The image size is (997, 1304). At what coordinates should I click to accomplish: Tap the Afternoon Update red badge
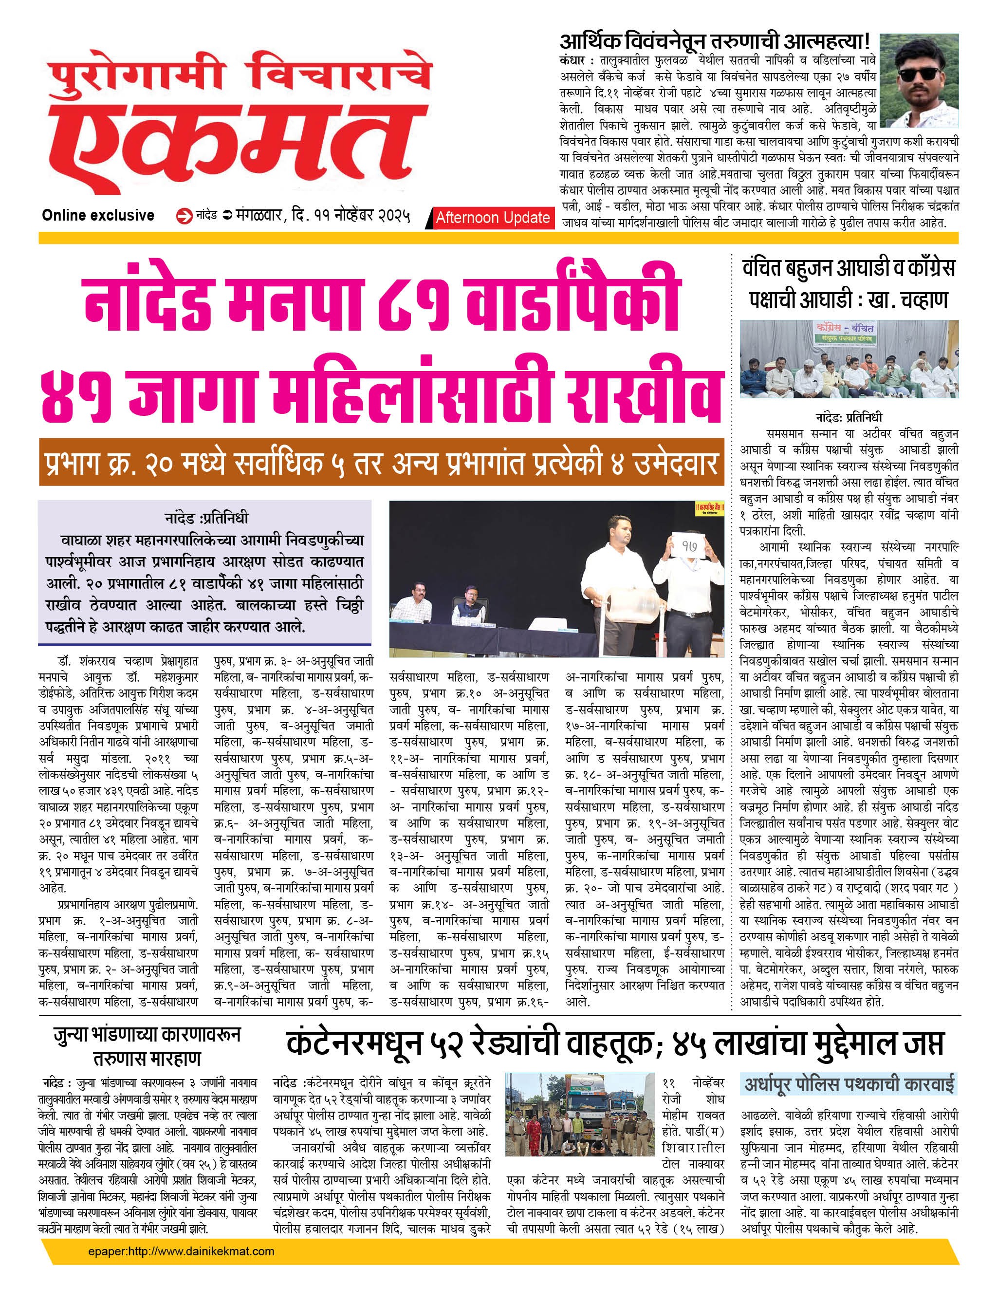(x=492, y=218)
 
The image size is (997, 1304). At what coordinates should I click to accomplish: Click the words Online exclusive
(x=98, y=215)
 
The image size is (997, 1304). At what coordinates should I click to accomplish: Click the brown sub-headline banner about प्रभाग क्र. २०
(x=382, y=463)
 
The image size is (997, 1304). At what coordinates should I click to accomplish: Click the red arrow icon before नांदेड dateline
(x=185, y=216)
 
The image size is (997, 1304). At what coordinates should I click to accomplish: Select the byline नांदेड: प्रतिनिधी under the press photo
(x=849, y=417)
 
